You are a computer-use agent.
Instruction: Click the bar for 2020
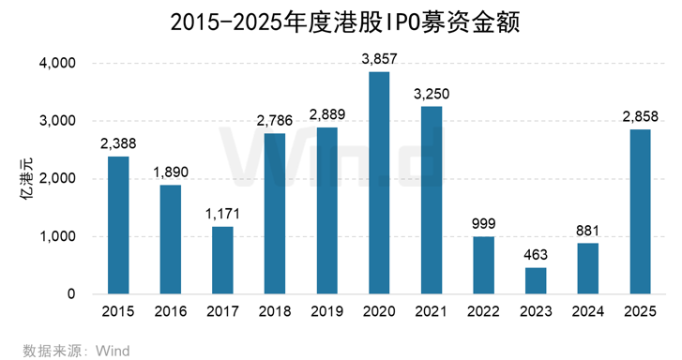click(379, 183)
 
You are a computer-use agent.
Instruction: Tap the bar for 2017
click(221, 260)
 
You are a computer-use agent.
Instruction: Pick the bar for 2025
click(639, 211)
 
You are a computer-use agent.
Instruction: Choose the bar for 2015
click(118, 225)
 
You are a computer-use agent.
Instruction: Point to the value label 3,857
click(379, 59)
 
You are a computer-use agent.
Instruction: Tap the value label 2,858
click(639, 116)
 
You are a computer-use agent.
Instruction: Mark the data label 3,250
click(432, 94)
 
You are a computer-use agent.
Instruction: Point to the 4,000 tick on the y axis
click(56, 64)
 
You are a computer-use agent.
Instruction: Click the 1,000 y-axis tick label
click(56, 236)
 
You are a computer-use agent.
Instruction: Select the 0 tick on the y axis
click(70, 294)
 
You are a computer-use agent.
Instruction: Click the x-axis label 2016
click(170, 312)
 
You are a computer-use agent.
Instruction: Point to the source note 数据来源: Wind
click(77, 351)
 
